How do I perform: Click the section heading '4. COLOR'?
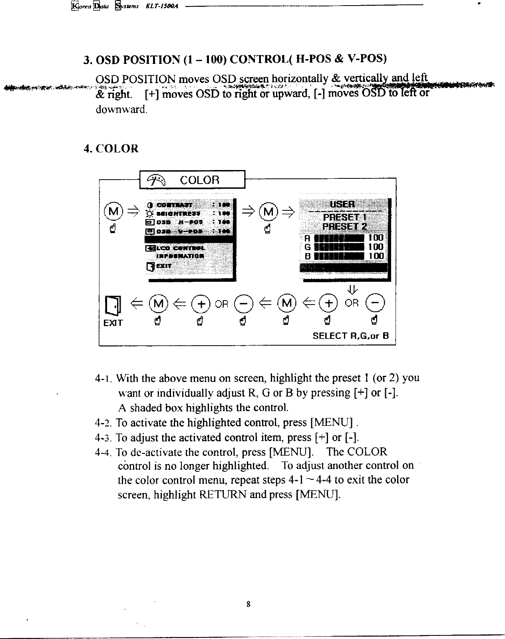click(111, 149)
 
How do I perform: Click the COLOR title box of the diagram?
click(192, 180)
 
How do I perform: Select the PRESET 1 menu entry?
click(345, 218)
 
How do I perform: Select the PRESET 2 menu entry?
click(345, 227)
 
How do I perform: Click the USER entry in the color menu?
click(342, 204)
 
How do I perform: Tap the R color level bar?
click(339, 238)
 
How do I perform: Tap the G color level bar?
click(339, 247)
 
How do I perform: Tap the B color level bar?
click(339, 256)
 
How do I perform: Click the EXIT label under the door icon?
click(113, 323)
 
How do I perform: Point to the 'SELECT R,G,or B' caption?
click(350, 336)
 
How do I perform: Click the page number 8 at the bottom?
click(249, 604)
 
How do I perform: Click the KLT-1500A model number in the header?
click(165, 6)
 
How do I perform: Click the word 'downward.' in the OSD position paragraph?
click(121, 109)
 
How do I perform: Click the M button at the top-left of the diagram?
click(113, 211)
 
